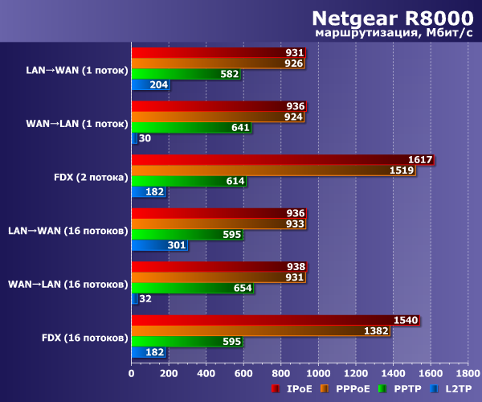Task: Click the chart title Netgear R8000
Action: point(393,18)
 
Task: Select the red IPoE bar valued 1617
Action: point(281,160)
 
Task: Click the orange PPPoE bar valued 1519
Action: point(273,170)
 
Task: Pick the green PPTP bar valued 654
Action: point(192,289)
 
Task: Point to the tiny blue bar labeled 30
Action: point(134,138)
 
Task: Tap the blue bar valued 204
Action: point(149,84)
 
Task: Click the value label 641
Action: point(239,128)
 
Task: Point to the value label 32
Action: point(145,299)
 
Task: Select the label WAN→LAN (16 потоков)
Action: point(67,284)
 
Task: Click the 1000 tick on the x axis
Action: point(319,373)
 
